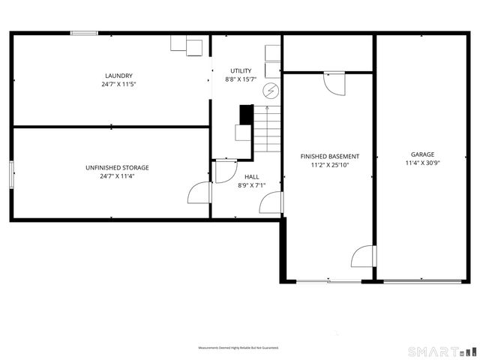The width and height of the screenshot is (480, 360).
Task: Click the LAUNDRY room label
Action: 118,75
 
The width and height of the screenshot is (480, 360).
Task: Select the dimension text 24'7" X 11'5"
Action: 118,84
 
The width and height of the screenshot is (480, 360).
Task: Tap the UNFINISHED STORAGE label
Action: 117,167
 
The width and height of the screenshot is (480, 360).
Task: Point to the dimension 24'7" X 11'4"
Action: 117,176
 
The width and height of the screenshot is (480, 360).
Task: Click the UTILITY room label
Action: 241,70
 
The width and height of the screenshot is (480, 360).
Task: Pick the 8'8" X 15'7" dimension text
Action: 241,79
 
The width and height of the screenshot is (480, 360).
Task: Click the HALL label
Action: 252,176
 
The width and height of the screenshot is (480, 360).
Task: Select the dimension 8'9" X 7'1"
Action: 252,185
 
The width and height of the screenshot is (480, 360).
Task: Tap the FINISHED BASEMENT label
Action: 330,156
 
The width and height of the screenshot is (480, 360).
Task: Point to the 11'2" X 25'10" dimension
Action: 330,165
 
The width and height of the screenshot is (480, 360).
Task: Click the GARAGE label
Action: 422,154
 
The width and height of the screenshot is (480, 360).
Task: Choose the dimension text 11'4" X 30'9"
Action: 422,163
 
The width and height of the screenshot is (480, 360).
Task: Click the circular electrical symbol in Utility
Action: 269,91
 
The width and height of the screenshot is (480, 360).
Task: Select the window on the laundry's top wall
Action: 84,32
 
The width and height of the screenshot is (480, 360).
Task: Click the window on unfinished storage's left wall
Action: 11,174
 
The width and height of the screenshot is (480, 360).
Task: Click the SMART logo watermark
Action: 441,351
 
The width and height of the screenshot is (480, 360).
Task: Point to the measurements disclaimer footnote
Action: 238,348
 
